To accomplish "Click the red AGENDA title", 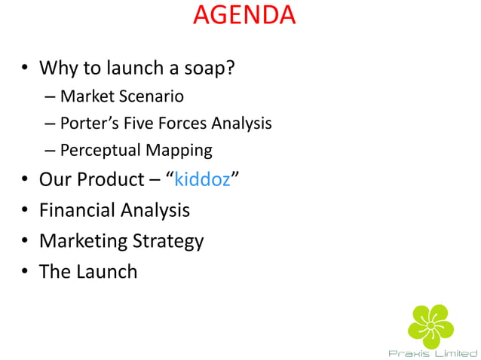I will coord(244,16).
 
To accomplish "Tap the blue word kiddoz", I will coord(202,180).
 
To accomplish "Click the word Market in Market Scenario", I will coord(84,96).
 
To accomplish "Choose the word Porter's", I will coord(88,123).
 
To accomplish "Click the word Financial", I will coord(78,210).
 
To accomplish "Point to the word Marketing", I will coord(83,241).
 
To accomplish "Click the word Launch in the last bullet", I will coord(106,271).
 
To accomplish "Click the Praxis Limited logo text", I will coord(432,352).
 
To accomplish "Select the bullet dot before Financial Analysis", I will coord(26,212).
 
